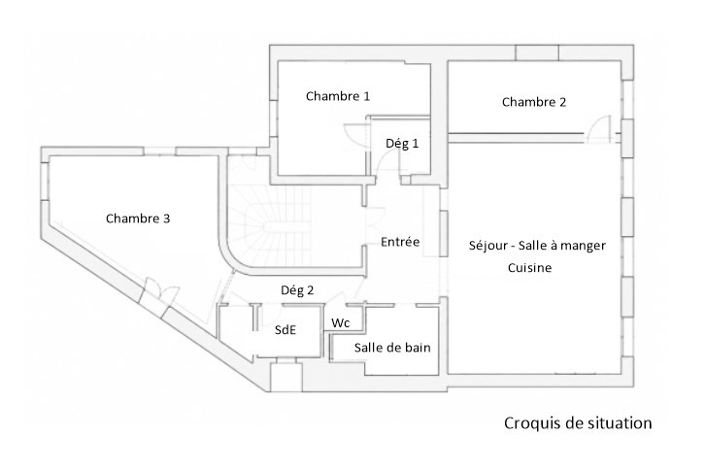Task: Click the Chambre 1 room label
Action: click(x=338, y=96)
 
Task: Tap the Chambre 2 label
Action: click(x=534, y=102)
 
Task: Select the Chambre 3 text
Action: click(x=138, y=218)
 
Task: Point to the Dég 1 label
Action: click(x=402, y=144)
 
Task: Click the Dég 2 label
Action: click(x=297, y=290)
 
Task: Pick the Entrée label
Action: click(x=400, y=242)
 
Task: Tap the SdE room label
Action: click(x=285, y=329)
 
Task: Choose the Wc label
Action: click(x=340, y=323)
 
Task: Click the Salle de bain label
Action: click(x=392, y=348)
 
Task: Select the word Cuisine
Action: click(x=529, y=268)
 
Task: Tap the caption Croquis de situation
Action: click(x=578, y=423)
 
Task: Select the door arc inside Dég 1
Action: click(x=383, y=159)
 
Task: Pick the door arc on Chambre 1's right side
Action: click(x=352, y=133)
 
